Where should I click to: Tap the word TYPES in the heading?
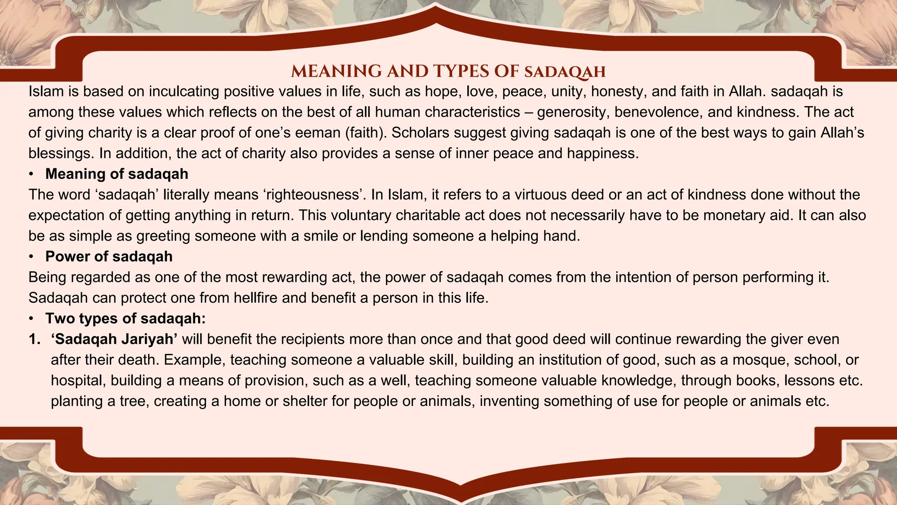point(461,71)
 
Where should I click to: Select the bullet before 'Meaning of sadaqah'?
point(31,174)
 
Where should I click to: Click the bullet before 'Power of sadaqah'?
point(31,256)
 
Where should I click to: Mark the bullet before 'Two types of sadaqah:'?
point(31,318)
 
